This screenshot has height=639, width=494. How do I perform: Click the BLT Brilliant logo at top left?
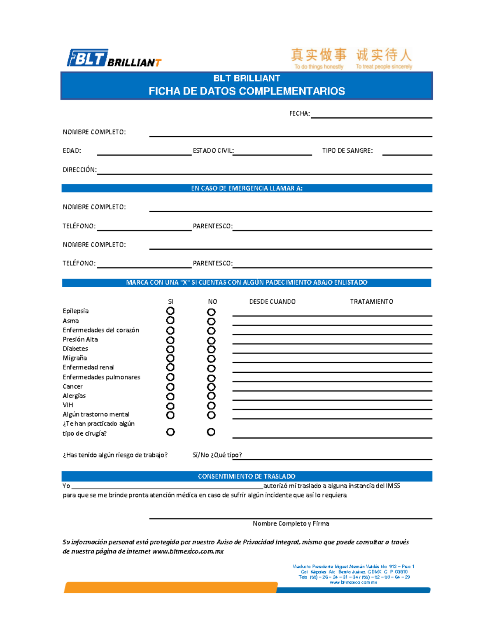[114, 58]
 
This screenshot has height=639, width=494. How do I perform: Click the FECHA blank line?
[371, 117]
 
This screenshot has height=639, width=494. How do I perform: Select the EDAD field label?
[72, 151]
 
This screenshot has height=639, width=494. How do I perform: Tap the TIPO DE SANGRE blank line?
[407, 154]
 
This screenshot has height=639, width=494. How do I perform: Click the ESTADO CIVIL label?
[213, 151]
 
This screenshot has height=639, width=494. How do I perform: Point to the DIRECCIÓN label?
[79, 170]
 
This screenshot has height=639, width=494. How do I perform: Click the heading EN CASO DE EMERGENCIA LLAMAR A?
[247, 188]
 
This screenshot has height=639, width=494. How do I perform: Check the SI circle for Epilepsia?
[170, 311]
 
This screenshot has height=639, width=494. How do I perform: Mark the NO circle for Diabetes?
[211, 349]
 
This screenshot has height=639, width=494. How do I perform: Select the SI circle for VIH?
[170, 406]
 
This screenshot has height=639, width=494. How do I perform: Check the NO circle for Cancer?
[211, 387]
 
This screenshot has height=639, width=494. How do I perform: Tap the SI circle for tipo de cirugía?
[170, 432]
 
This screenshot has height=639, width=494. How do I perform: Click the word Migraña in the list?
[75, 358]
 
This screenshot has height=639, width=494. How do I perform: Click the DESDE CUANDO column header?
[272, 302]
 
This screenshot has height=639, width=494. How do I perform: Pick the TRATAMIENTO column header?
[371, 302]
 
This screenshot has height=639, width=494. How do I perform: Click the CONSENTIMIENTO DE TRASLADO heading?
[247, 476]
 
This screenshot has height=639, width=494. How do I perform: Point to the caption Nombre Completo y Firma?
[291, 523]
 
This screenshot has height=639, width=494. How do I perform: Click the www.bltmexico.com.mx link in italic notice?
[188, 551]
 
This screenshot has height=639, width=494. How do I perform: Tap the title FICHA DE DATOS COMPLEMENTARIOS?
[247, 91]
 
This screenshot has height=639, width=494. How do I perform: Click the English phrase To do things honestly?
[319, 67]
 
